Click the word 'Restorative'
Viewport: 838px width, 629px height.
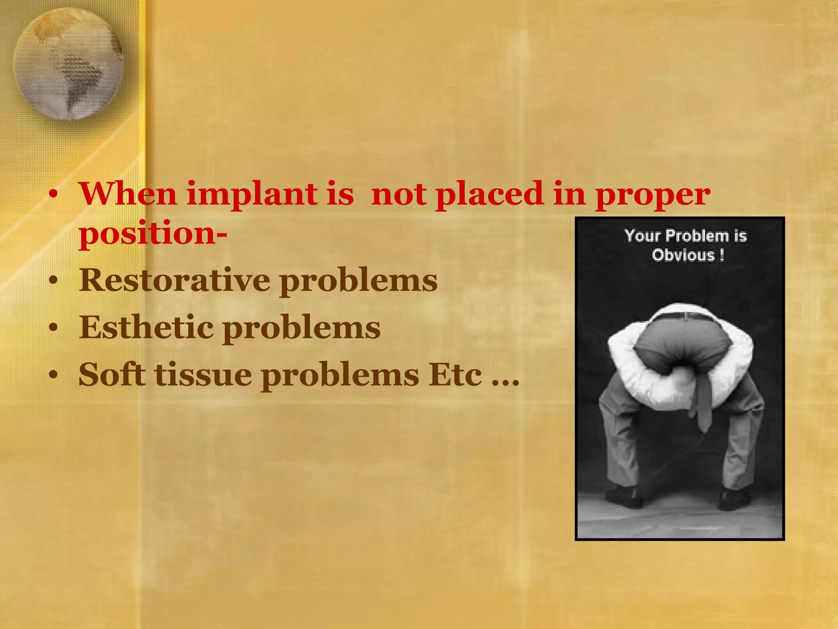click(174, 281)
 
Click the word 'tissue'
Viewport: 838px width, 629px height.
click(203, 374)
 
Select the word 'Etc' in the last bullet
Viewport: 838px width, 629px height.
click(455, 374)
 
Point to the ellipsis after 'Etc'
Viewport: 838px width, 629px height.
click(505, 383)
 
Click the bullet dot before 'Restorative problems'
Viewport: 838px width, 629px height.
click(53, 282)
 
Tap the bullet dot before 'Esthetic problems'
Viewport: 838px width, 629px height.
click(53, 328)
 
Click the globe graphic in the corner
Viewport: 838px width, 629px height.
click(68, 64)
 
